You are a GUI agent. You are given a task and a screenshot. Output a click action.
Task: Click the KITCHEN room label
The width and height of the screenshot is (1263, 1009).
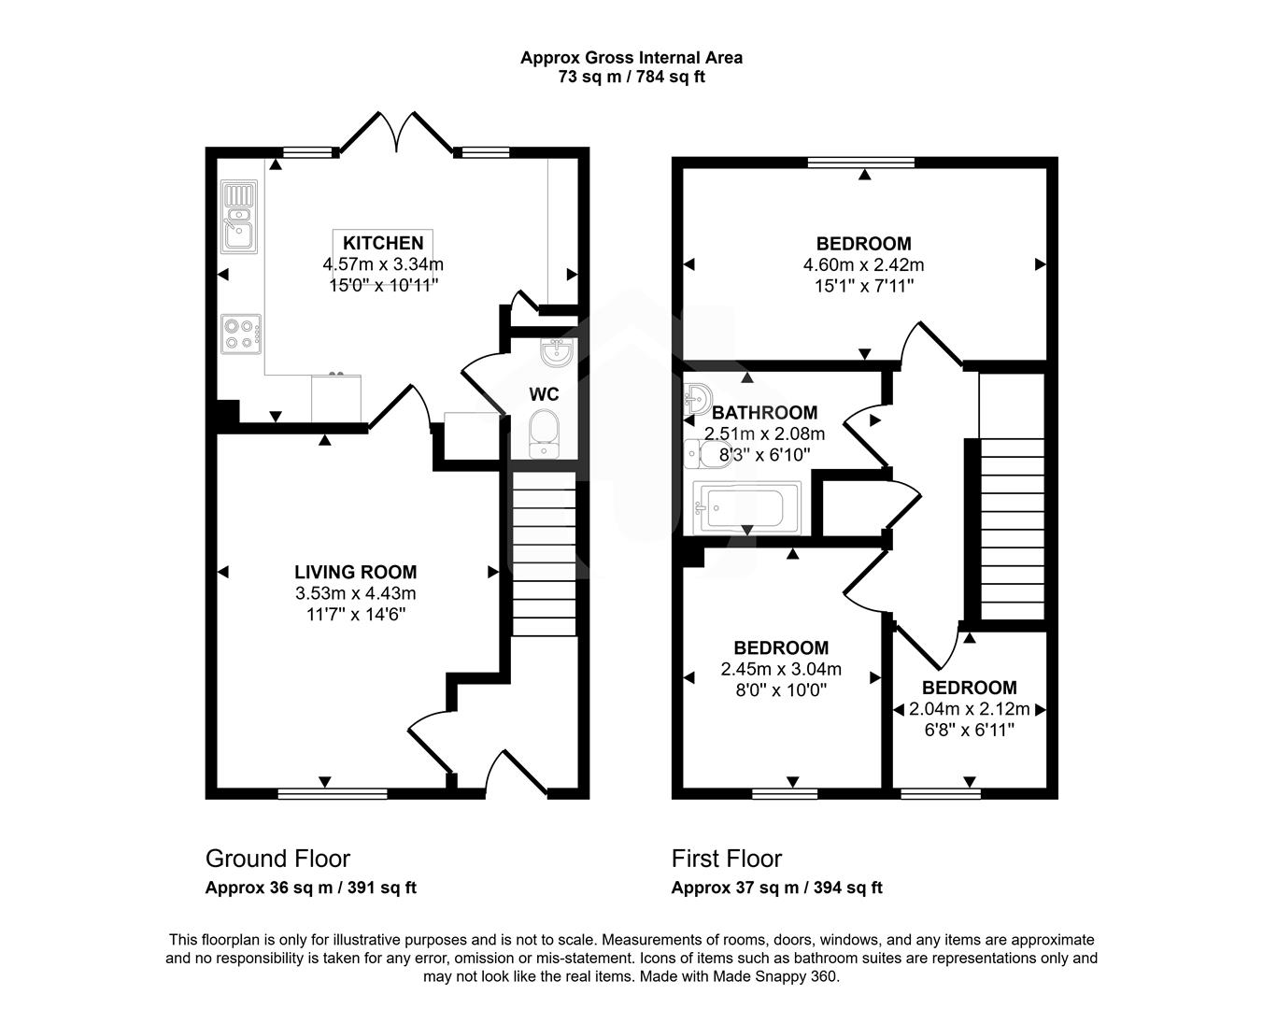coord(383,243)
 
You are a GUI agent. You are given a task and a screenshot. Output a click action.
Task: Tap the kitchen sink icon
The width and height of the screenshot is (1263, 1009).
coord(238,218)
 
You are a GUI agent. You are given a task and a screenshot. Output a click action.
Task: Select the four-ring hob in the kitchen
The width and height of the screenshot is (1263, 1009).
coord(240,334)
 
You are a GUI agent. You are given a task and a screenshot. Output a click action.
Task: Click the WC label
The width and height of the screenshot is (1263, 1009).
coord(544,394)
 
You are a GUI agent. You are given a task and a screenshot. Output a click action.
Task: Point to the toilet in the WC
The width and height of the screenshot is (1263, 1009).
coord(543,435)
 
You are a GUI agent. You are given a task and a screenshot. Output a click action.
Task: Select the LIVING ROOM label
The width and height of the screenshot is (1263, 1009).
coord(355,572)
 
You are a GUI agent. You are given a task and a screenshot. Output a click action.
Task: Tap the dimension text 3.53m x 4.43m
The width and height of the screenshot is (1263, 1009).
coord(355,593)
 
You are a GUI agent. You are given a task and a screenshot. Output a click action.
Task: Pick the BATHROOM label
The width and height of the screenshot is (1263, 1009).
coord(764,412)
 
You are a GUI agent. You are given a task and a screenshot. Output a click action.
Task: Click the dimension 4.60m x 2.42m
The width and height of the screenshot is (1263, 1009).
coord(863,265)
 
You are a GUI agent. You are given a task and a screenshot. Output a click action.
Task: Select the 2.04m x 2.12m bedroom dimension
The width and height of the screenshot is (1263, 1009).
coord(969,709)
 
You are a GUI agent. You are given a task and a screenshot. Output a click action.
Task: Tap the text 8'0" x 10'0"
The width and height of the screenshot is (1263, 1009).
coord(781,690)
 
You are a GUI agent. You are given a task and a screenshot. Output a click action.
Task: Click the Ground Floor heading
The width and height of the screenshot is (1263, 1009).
coord(277,858)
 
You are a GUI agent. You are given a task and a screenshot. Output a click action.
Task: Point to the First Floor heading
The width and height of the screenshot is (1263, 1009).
coord(726,858)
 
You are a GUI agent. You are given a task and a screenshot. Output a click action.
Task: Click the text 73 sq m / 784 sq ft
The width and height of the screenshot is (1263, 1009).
coord(631,78)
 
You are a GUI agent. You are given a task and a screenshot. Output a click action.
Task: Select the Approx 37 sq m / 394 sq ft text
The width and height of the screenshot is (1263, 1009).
coord(776,888)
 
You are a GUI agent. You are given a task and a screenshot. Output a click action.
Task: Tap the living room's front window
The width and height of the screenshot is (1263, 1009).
coord(333,794)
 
